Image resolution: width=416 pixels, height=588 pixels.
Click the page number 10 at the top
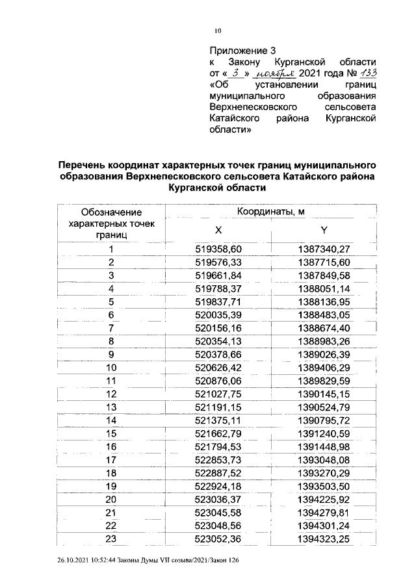pos(218,31)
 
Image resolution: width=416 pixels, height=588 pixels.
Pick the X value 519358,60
pos(218,249)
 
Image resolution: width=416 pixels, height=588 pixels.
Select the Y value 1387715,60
pos(324,262)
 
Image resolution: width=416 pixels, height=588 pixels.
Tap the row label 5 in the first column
pos(111,302)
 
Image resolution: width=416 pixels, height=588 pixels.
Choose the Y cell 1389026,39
pos(324,354)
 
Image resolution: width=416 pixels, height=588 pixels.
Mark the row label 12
pos(111,394)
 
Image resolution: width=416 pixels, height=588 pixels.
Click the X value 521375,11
pos(218,420)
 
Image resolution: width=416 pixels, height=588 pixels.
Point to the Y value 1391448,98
pos(324,446)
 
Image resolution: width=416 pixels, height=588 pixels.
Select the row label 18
pos(111,472)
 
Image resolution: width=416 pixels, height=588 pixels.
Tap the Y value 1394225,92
pos(324,498)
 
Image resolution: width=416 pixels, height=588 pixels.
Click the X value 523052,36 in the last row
pos(218,538)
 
